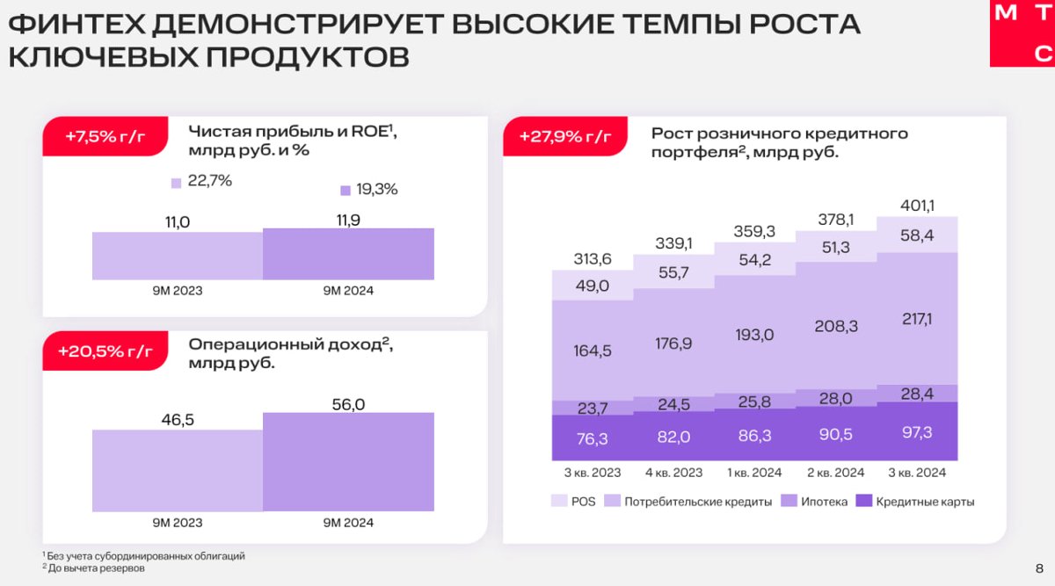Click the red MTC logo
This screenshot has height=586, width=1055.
point(1022,33)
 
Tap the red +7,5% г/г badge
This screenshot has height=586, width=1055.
point(104,137)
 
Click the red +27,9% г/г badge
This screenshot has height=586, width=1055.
point(564,137)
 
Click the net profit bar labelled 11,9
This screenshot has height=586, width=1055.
point(348,254)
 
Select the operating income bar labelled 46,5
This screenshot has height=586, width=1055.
point(178,469)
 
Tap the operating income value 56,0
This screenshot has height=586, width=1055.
point(348,403)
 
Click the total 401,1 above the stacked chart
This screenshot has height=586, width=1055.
point(918,206)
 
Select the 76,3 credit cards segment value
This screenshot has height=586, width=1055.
point(593,438)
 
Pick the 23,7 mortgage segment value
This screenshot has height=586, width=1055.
point(593,407)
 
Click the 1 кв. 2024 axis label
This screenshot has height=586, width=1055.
point(755,473)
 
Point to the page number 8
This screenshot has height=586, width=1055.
point(1039,567)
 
